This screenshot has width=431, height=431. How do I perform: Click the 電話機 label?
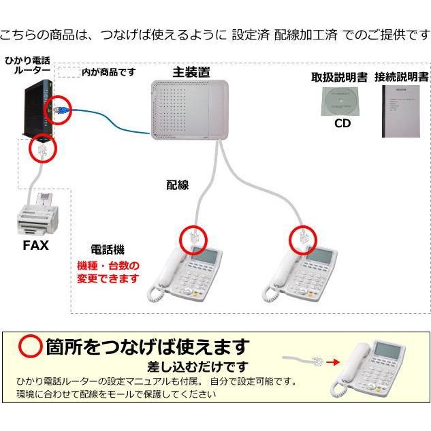(x=108, y=250)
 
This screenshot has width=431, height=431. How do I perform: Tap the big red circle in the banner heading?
(x=30, y=347)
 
